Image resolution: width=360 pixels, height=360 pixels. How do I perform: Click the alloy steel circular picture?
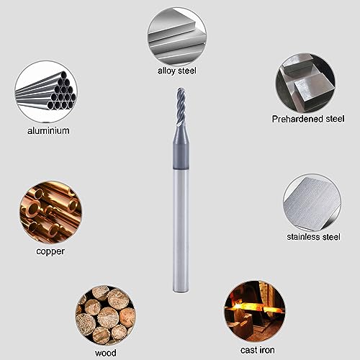(177, 34)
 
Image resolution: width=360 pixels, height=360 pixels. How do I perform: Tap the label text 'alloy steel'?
(177, 71)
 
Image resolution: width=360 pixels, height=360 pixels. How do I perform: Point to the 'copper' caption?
(50, 252)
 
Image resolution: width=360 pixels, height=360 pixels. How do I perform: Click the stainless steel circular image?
(310, 203)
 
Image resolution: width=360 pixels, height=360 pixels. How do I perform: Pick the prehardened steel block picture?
(305, 82)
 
